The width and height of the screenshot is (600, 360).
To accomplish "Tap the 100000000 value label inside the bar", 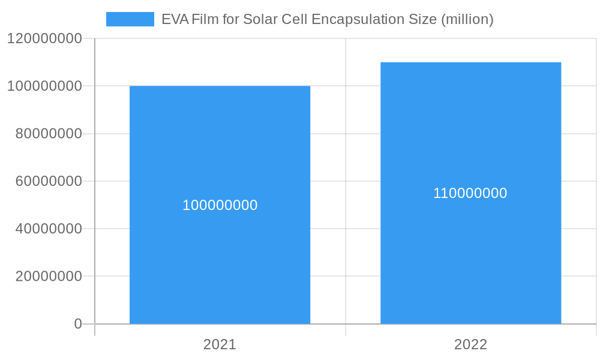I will pyautogui.click(x=220, y=205).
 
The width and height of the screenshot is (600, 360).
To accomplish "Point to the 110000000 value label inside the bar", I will pyautogui.click(x=470, y=193).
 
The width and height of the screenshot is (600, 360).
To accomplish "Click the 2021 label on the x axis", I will pyautogui.click(x=220, y=344).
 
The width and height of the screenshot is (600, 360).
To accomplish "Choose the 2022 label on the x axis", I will pyautogui.click(x=470, y=344).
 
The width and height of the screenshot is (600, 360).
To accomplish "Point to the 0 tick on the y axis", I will pyautogui.click(x=78, y=324).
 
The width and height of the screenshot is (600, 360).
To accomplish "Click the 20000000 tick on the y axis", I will pyautogui.click(x=49, y=277).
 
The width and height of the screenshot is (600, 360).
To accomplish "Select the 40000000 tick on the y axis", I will pyautogui.click(x=49, y=229).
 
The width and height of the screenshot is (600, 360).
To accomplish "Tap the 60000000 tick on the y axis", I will pyautogui.click(x=49, y=181).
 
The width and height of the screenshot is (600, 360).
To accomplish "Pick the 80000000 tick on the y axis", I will pyautogui.click(x=49, y=134).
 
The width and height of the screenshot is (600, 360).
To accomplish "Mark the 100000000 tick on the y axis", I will pyautogui.click(x=44, y=86).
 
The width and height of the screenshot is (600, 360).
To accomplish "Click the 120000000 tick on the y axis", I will pyautogui.click(x=44, y=38).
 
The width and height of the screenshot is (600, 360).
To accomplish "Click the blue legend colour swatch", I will pyautogui.click(x=130, y=19).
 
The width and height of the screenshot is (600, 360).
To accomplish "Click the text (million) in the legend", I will pyautogui.click(x=467, y=19).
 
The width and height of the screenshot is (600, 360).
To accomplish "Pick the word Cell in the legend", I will pyautogui.click(x=296, y=19).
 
